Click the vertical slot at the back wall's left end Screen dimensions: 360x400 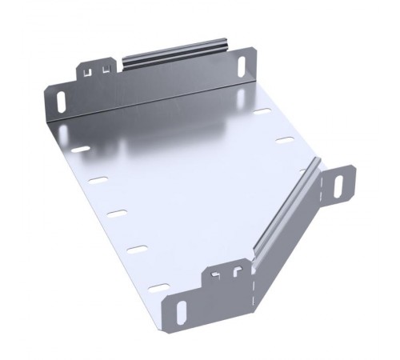pyautogui.click(x=62, y=102)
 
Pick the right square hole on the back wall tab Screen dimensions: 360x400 pyautogui.click(x=106, y=70)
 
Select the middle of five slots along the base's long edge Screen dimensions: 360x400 pyautogui.click(x=118, y=214)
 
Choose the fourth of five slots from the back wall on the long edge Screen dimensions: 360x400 pyautogui.click(x=138, y=250)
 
